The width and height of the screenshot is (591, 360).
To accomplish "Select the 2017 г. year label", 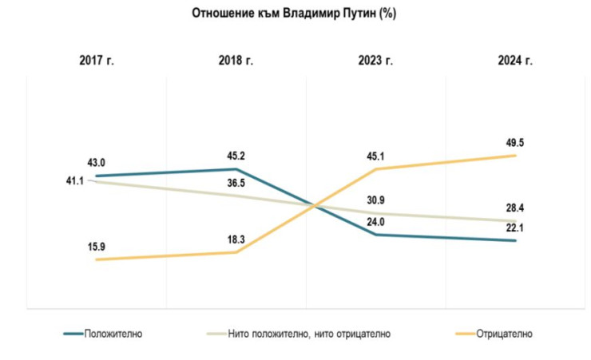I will click(96, 61).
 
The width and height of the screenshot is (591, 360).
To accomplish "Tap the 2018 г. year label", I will click(236, 61).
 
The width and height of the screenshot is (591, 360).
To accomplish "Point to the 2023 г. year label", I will click(375, 61).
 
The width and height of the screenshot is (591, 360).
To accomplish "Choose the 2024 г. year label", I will click(515, 61).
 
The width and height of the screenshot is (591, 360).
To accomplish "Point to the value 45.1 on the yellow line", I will click(376, 156).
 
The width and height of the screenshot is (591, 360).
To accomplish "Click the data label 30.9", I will click(376, 199).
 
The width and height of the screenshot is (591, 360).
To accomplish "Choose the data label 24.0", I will click(376, 221).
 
